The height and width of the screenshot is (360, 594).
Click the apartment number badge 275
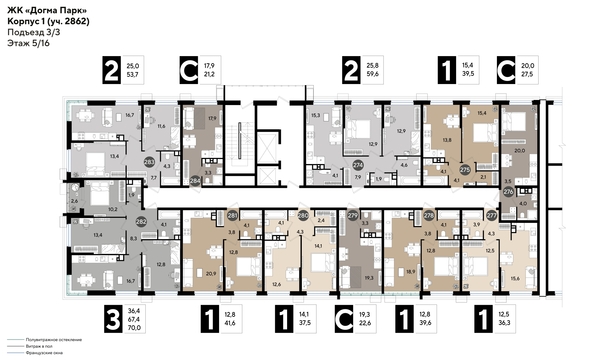[x=464, y=169]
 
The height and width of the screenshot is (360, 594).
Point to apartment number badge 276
[x=508, y=190]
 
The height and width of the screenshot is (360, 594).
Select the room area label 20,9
[x=209, y=273]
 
